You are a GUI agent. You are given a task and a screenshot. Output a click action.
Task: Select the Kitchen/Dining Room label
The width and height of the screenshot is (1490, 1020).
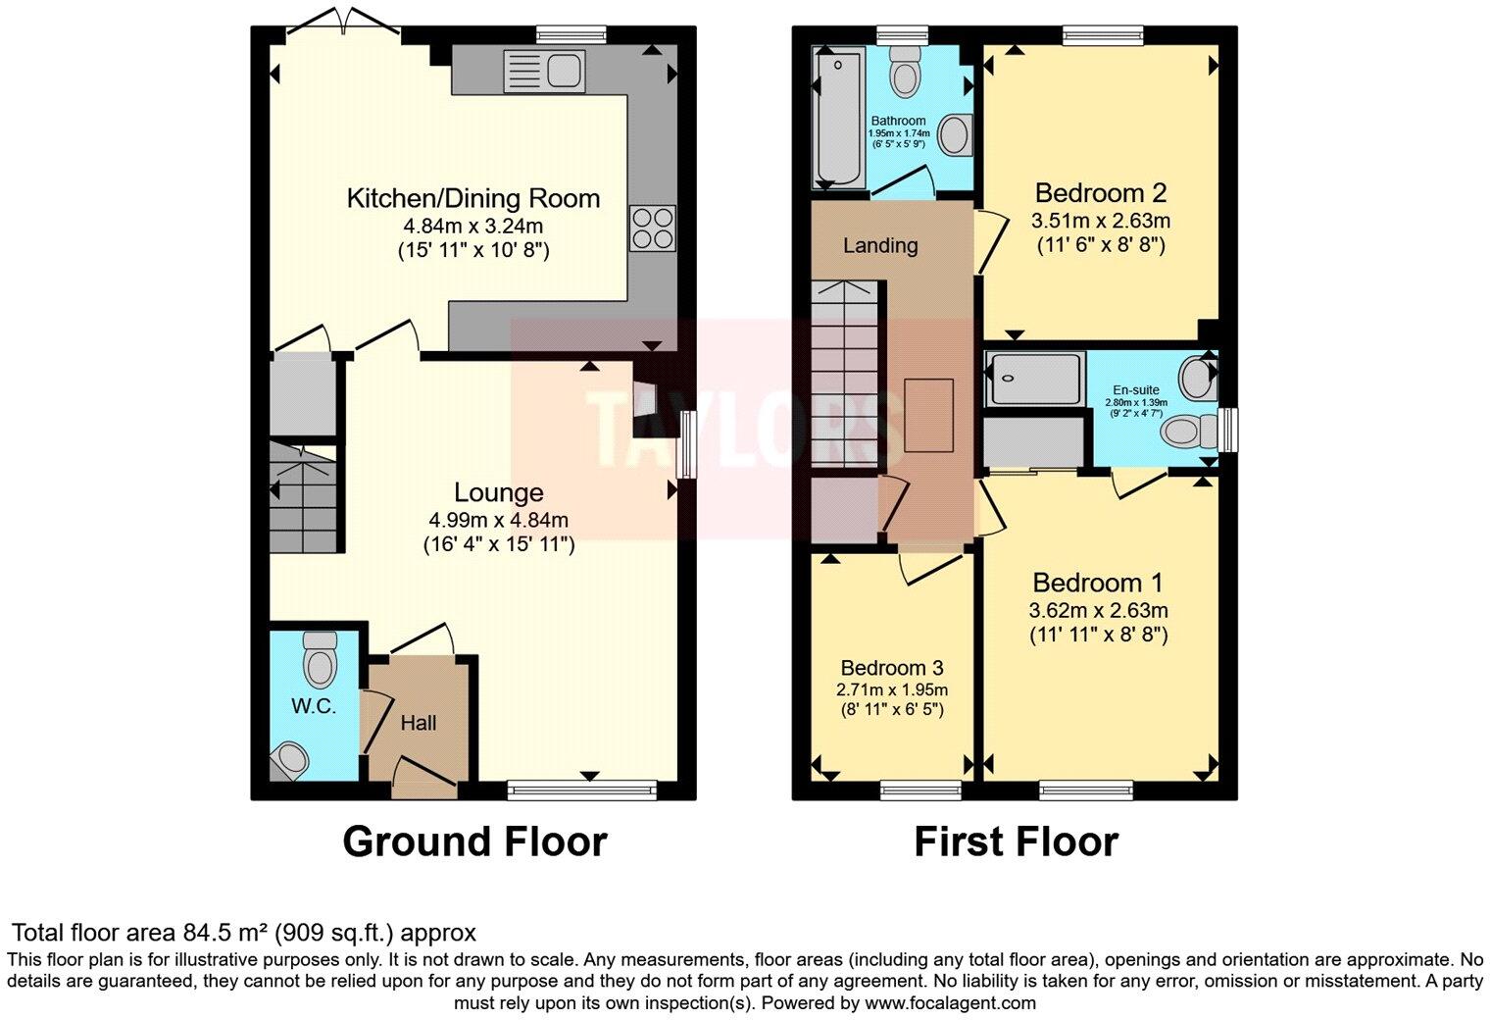coord(472,198)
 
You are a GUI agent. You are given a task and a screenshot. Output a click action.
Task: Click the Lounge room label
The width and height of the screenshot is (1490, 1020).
coord(498,492)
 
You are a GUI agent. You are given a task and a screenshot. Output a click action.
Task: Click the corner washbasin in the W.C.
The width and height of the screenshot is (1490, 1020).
coord(291,759)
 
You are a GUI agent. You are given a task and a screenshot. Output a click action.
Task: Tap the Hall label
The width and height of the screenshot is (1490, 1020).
coord(419,723)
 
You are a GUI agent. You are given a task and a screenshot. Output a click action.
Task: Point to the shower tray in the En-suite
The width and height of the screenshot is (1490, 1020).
coord(1035,379)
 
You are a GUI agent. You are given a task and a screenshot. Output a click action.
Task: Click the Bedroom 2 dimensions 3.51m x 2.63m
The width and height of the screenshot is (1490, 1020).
coord(1101,221)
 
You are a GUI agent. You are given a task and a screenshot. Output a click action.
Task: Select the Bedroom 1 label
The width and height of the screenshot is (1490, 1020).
coord(1098,583)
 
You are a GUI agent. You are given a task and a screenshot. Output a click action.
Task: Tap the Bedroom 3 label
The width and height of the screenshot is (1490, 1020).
coord(891,668)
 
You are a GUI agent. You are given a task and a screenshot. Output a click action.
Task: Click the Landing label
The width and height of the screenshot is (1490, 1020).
coord(880,245)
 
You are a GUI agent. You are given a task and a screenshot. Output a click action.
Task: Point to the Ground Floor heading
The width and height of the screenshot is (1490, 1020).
coord(474,841)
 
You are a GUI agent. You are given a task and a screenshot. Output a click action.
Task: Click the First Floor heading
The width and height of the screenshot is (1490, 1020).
coord(1016,841)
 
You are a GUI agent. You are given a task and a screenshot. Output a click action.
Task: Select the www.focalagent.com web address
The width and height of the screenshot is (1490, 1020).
coord(950,1002)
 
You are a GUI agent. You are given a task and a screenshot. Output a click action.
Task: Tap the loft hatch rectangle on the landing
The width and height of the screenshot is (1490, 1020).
coord(928,415)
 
